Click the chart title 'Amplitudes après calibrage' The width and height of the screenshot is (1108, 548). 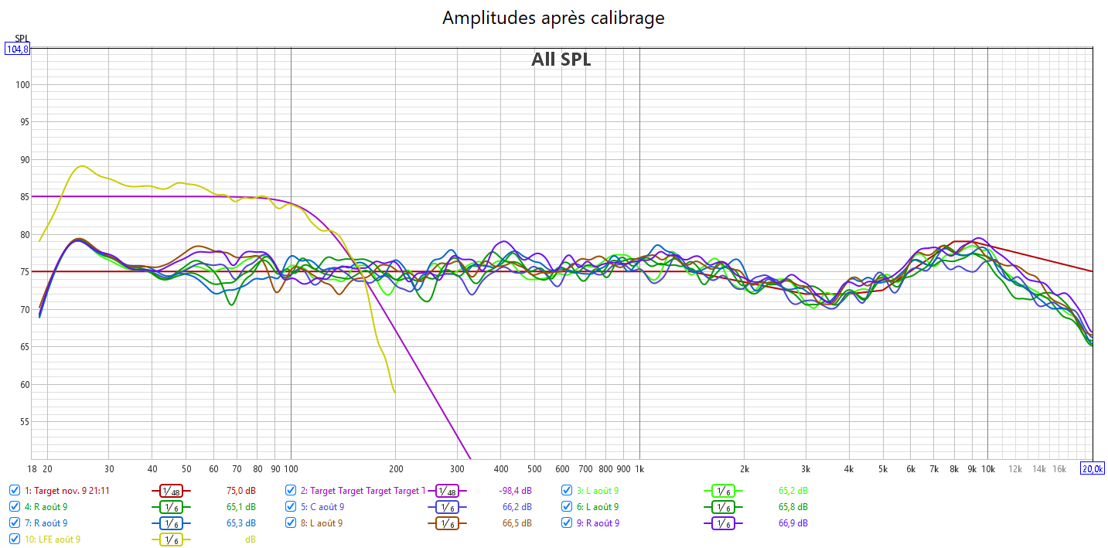(x=553, y=18)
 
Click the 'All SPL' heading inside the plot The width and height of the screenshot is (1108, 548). (x=561, y=60)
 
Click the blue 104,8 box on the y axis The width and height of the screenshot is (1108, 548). (x=17, y=49)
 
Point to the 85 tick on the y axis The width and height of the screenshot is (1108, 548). (x=23, y=197)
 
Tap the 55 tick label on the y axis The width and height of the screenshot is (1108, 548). (x=23, y=422)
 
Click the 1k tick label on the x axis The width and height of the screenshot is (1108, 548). (x=639, y=469)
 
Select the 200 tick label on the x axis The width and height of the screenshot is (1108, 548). (x=395, y=469)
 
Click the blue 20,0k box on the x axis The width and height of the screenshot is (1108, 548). (x=1092, y=468)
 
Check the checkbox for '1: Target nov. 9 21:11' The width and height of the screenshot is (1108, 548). (x=15, y=490)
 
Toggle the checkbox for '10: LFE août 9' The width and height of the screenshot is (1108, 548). (x=15, y=539)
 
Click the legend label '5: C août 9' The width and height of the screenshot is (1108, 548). (x=327, y=507)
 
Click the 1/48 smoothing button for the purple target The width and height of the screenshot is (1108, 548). (x=446, y=491)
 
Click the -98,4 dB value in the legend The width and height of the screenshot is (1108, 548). (x=515, y=491)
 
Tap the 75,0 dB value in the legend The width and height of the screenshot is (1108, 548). (x=240, y=491)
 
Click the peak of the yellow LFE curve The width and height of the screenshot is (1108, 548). (x=81, y=166)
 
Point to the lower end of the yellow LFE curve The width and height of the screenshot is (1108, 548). (x=394, y=392)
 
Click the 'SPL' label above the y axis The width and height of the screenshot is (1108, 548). (x=21, y=39)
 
